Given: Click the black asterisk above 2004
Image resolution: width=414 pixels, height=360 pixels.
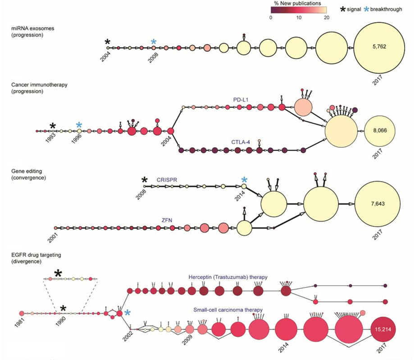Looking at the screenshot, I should [x=108, y=42].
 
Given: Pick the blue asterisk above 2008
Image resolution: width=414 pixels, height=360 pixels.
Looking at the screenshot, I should [x=154, y=42].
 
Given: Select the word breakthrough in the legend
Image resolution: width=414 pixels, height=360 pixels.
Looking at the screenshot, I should [x=385, y=9].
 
